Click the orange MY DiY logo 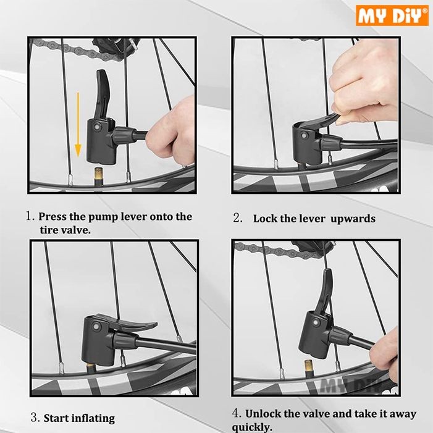click(x=392, y=15)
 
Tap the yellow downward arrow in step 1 click(x=78, y=124)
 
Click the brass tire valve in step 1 click(x=98, y=176)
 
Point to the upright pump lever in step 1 click(x=103, y=94)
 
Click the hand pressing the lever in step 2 click(x=364, y=83)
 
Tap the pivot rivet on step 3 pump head click(x=96, y=327)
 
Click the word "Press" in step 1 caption click(x=53, y=216)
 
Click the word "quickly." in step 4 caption click(x=252, y=427)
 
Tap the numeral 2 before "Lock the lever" click(x=237, y=218)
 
